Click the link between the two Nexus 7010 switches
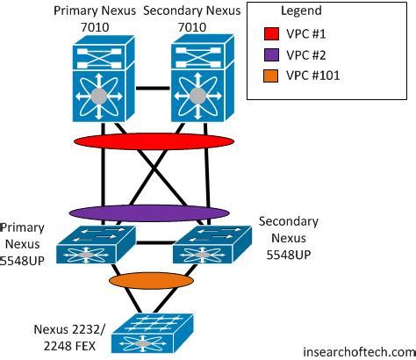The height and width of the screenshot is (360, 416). pyautogui.click(x=152, y=89)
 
